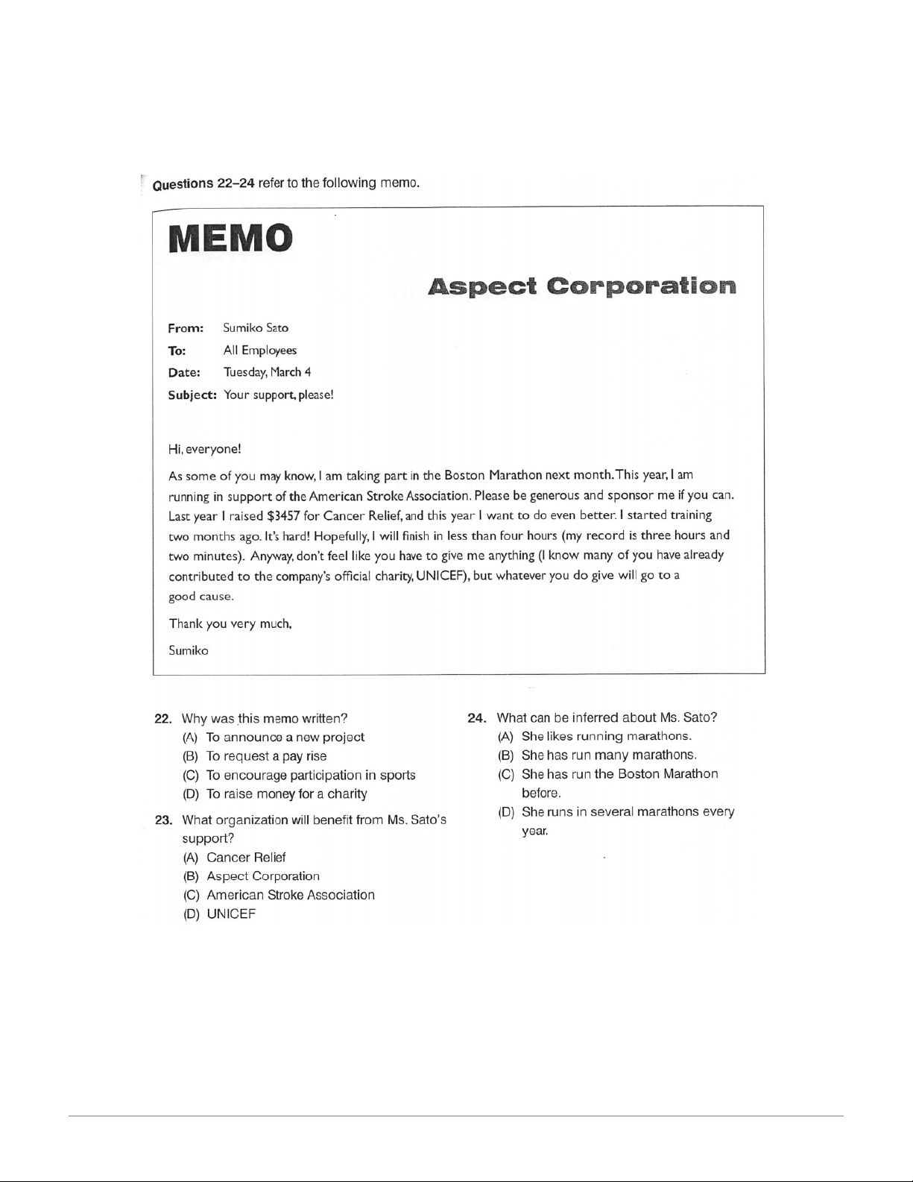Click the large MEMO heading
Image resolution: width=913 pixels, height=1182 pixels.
coord(230,239)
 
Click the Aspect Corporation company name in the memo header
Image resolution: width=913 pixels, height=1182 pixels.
coord(582,286)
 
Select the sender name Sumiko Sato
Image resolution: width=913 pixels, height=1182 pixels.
coord(256,327)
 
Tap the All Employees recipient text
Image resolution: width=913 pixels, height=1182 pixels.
coord(259,350)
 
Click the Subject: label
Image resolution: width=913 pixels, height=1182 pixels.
coord(192,394)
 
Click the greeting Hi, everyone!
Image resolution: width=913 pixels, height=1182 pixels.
coord(205,449)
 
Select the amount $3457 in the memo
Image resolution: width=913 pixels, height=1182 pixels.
coord(283,515)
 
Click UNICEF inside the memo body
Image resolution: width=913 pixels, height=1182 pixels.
coord(440,575)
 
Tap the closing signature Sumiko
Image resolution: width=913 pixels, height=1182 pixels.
coord(189,650)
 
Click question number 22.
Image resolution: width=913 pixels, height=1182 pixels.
coord(163,719)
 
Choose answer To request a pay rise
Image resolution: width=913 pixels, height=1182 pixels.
coord(266,756)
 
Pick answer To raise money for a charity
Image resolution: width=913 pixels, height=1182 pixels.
coord(286,794)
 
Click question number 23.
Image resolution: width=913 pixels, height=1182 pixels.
coord(163,820)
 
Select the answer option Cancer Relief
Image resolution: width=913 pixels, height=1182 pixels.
coord(246,858)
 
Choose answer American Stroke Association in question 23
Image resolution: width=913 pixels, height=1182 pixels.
coord(290,895)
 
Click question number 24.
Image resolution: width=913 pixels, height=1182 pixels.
coord(477,718)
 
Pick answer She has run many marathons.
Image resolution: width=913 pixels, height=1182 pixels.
coord(608,755)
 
